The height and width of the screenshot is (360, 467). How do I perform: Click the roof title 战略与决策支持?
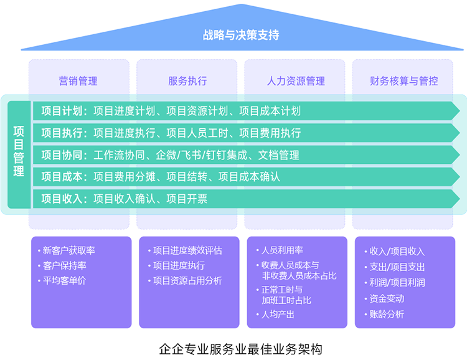pos(240,35)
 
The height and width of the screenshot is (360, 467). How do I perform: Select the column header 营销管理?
pos(78,81)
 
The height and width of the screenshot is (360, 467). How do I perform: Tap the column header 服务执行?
pos(187,81)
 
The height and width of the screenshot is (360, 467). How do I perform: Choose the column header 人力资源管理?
pos(296,81)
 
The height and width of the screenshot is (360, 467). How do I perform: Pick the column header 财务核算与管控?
pos(403,81)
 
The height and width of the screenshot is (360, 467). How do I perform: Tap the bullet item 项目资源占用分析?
pos(187,280)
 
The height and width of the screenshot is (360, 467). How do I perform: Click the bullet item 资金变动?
pos(387,298)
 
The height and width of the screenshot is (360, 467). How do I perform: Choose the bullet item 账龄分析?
pos(387,315)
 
